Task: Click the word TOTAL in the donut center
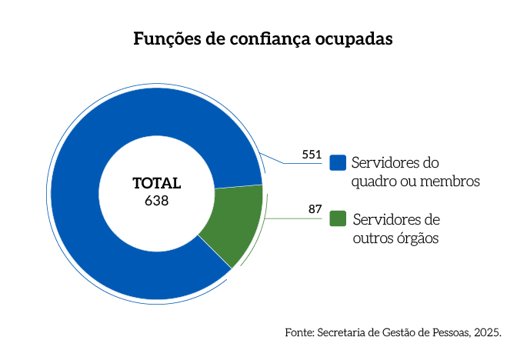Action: (156, 184)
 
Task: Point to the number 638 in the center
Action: (156, 201)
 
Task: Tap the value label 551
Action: (311, 155)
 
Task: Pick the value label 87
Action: (315, 209)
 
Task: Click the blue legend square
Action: (337, 163)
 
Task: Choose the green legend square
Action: (337, 218)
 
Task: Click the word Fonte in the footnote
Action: (298, 333)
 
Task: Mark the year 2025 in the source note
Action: (488, 333)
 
